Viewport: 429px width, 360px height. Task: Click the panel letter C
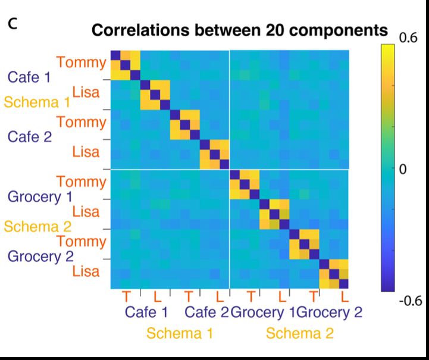click(x=11, y=24)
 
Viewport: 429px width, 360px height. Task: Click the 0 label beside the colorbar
click(x=402, y=170)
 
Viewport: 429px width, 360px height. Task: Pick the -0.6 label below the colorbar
click(x=408, y=300)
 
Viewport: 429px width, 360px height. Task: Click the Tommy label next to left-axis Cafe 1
click(x=82, y=62)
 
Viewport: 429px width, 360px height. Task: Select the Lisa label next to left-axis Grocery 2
click(x=86, y=271)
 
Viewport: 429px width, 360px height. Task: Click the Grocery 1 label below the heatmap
click(x=263, y=312)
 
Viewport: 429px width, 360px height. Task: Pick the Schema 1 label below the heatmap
click(x=180, y=333)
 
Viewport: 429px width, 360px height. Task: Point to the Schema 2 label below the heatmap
click(x=299, y=333)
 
